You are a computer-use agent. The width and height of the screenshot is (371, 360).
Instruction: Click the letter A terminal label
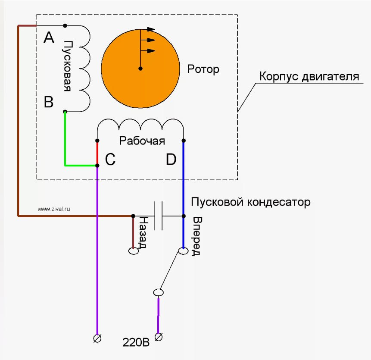click(x=49, y=38)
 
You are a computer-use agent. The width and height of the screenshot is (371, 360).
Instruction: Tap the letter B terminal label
click(x=49, y=102)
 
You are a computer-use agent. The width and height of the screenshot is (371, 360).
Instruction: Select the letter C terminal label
click(x=110, y=159)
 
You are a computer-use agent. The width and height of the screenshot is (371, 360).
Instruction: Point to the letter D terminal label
click(x=171, y=159)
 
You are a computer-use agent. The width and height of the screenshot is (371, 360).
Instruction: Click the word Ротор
click(x=203, y=69)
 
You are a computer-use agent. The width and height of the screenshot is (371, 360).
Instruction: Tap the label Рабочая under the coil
click(x=142, y=141)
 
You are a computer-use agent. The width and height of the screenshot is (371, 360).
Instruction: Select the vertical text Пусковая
click(x=68, y=66)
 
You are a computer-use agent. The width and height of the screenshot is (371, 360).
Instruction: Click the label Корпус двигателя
click(x=309, y=76)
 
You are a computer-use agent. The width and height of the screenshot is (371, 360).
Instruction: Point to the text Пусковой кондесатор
click(x=251, y=202)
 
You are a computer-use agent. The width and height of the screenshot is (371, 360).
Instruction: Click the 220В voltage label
click(x=136, y=342)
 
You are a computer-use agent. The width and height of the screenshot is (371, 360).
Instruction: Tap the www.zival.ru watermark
click(x=54, y=209)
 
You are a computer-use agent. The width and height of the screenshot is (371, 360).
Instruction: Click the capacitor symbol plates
click(x=158, y=216)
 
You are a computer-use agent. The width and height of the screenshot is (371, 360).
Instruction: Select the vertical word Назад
click(x=143, y=232)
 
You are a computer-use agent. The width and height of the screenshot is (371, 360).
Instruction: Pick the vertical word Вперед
click(x=197, y=236)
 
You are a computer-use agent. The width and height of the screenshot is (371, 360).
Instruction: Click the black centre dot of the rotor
click(x=140, y=69)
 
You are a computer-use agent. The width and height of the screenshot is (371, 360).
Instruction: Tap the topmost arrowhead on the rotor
click(x=151, y=29)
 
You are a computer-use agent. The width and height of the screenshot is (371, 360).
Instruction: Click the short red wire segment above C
click(x=97, y=153)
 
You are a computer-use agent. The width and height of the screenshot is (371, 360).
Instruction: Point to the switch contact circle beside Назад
click(x=134, y=251)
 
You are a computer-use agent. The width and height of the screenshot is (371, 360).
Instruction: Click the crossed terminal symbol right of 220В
click(x=159, y=337)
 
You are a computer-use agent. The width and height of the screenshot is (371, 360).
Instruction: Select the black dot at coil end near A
click(x=65, y=25)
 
